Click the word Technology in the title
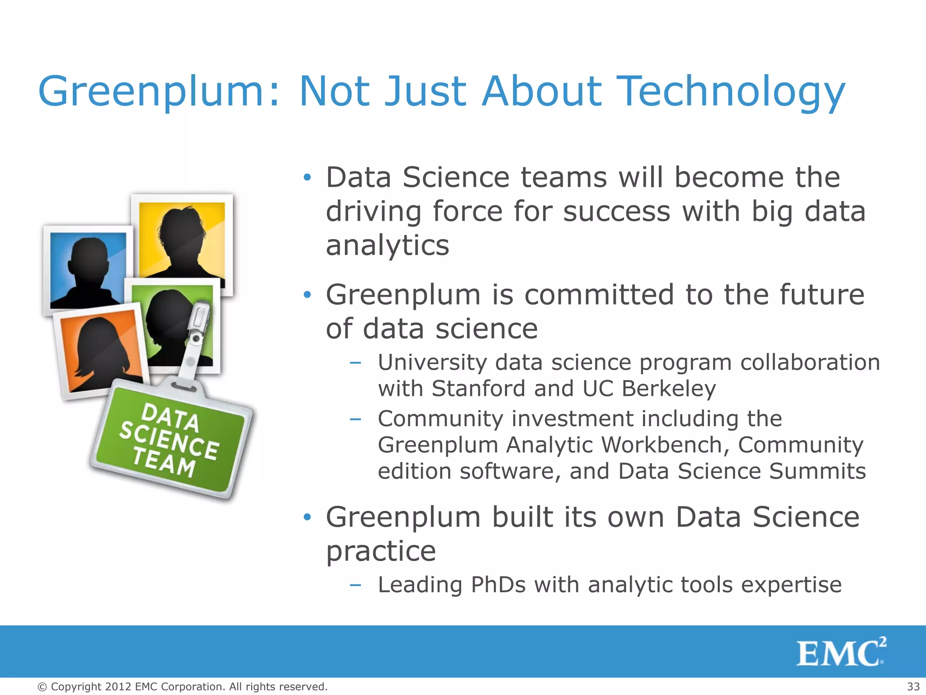click(731, 92)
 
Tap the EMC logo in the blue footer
click(841, 652)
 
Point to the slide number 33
click(913, 686)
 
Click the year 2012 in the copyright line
click(118, 687)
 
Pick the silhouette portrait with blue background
click(88, 270)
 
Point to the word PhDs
click(498, 585)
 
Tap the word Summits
click(817, 471)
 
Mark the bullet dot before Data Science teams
click(307, 177)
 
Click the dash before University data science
click(355, 362)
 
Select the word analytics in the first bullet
click(387, 246)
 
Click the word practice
click(381, 551)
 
